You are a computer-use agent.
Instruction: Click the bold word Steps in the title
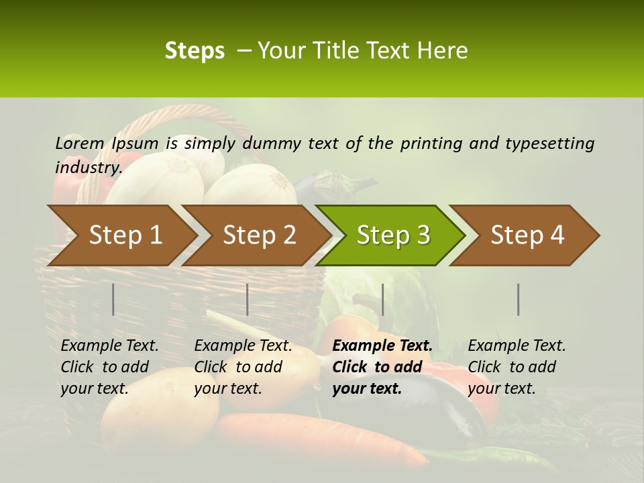195,51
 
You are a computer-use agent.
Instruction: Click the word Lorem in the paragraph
80,143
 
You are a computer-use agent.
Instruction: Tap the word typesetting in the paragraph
549,143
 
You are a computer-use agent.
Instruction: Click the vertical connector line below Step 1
113,299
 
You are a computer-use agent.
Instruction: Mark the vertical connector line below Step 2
248,299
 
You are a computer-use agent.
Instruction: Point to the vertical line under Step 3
382,299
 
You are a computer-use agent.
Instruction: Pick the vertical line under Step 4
519,299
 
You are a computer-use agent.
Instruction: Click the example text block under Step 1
109,367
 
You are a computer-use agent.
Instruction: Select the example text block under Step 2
243,367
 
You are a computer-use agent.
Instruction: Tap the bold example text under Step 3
382,367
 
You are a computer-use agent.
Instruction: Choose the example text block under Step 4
517,367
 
